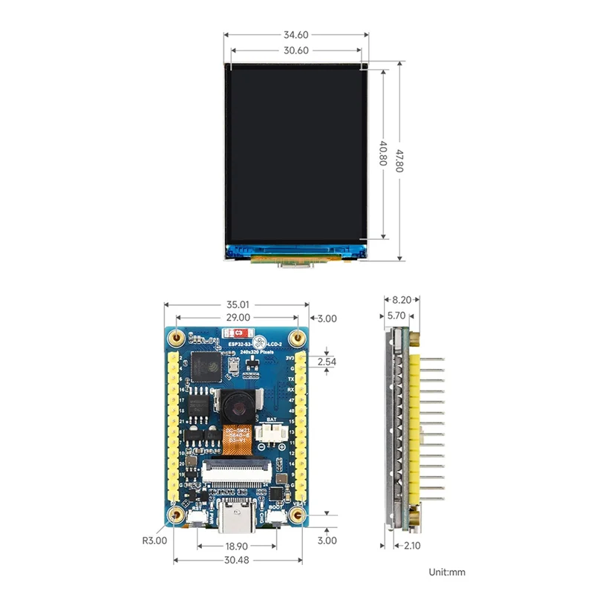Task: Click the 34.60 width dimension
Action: click(296, 34)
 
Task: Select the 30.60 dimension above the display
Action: click(296, 50)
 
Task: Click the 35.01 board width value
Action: click(237, 304)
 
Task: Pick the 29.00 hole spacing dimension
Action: click(237, 318)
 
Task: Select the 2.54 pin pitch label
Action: click(326, 362)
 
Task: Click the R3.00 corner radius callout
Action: click(154, 541)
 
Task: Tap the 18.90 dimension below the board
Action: click(236, 544)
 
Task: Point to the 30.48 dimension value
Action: click(236, 560)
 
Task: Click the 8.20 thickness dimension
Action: click(401, 300)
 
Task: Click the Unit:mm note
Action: click(447, 572)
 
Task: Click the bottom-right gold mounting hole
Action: click(298, 515)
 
